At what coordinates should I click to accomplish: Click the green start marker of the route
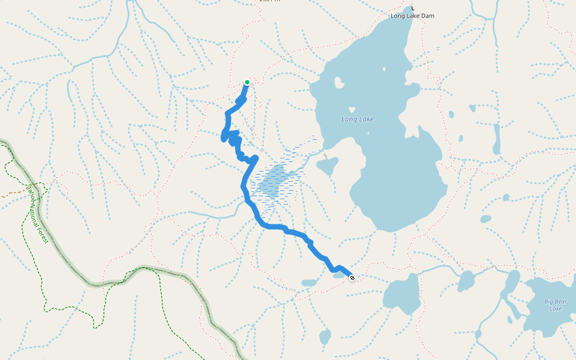pyautogui.click(x=247, y=82)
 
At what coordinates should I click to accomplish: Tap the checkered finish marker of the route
pyautogui.click(x=352, y=277)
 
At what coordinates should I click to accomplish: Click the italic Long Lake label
pyautogui.click(x=358, y=119)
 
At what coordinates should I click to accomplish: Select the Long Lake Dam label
pyautogui.click(x=412, y=16)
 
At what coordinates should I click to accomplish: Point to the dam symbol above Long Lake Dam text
pyautogui.click(x=412, y=8)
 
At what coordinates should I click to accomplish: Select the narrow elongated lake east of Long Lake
pyautogui.click(x=496, y=139)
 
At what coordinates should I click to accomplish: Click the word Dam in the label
pyautogui.click(x=427, y=16)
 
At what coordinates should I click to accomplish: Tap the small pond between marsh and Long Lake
pyautogui.click(x=328, y=166)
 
